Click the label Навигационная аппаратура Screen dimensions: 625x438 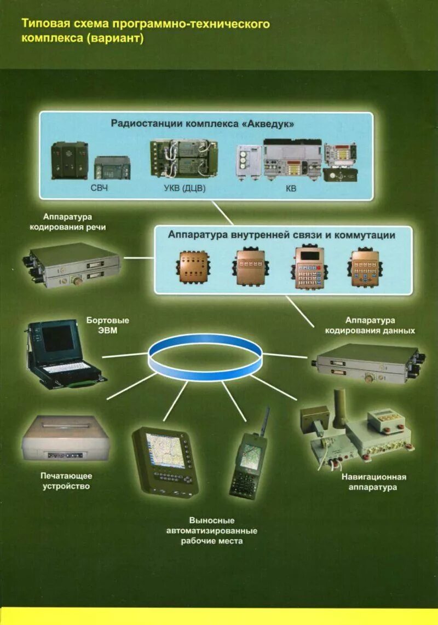(373, 482)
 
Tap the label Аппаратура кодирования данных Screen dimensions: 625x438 (370, 325)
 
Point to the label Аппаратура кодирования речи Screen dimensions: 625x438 (76, 222)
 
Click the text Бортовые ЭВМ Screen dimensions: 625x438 (107, 325)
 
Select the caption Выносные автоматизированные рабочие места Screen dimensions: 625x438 (212, 530)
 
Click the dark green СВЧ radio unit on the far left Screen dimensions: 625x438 (70, 160)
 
